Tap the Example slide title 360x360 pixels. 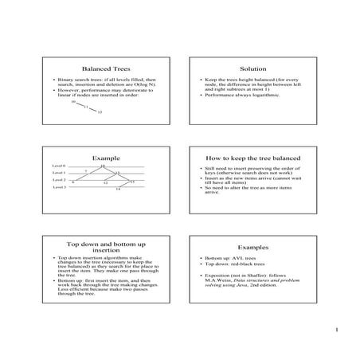[x=106, y=158]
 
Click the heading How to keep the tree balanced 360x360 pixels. [x=252, y=158]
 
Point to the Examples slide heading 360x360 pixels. [x=252, y=248]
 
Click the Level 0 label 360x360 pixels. [x=60, y=166]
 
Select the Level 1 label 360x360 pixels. [x=60, y=173]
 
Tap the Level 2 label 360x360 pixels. [x=60, y=180]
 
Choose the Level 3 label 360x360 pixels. [x=60, y=187]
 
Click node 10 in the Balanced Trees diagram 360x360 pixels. [x=73, y=102]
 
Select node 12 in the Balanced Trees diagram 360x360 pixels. [x=100, y=112]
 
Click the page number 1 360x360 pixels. [x=338, y=329]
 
